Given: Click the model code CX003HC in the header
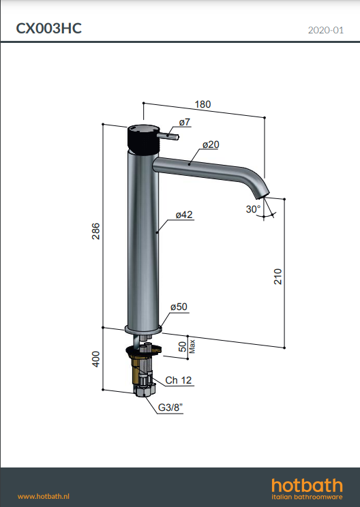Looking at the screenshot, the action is tap(49, 29).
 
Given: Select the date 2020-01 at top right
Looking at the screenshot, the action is tap(326, 30).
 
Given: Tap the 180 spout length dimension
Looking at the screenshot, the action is tap(202, 104).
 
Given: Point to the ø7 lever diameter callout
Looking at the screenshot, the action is tap(185, 122).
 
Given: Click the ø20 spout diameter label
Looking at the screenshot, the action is tap(211, 144).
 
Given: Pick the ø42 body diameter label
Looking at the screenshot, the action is tap(184, 215).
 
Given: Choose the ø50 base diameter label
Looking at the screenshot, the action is tap(179, 307).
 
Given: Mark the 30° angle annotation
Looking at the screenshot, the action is tap(253, 209).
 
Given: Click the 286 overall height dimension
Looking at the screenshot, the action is tap(96, 231).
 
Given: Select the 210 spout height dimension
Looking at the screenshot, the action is tap(278, 277).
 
